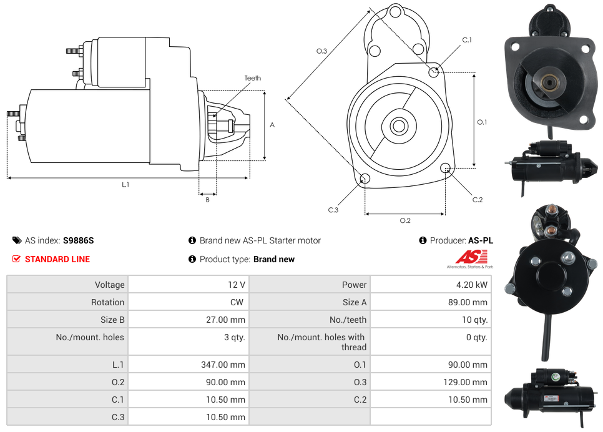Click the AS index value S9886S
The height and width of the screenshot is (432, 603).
click(78, 240)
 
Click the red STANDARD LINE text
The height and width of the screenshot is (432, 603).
click(57, 259)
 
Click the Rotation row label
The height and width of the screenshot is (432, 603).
click(107, 302)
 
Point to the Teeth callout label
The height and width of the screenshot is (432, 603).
click(253, 78)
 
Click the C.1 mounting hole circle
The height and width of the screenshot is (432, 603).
click(434, 72)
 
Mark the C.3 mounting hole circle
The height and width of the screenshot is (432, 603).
click(366, 179)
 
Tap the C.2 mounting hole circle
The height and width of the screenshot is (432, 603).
click(446, 169)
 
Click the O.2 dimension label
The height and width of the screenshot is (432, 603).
click(405, 220)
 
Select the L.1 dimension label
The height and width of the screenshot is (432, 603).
click(125, 184)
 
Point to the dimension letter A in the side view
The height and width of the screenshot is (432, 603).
click(272, 125)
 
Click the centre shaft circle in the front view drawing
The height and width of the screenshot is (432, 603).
click(398, 126)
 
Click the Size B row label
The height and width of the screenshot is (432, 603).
click(112, 320)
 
